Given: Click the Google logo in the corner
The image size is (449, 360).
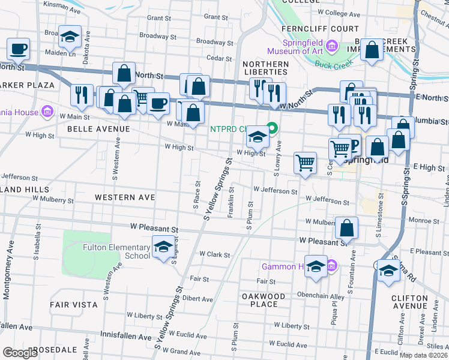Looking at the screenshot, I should [x=20, y=353].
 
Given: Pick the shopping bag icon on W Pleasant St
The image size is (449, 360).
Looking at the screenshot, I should [x=346, y=229].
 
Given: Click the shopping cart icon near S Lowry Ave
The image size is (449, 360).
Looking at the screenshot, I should [x=306, y=163].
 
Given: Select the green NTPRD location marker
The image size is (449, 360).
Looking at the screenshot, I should [x=271, y=128].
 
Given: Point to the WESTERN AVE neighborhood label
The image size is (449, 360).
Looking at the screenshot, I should [x=125, y=197].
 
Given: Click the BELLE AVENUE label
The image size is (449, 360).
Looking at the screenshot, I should [x=98, y=129].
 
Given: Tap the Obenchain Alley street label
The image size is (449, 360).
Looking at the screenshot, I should [x=313, y=296].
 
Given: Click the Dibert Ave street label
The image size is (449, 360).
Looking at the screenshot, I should [x=198, y=298].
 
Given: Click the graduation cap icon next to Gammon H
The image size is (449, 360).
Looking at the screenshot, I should [x=316, y=266].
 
